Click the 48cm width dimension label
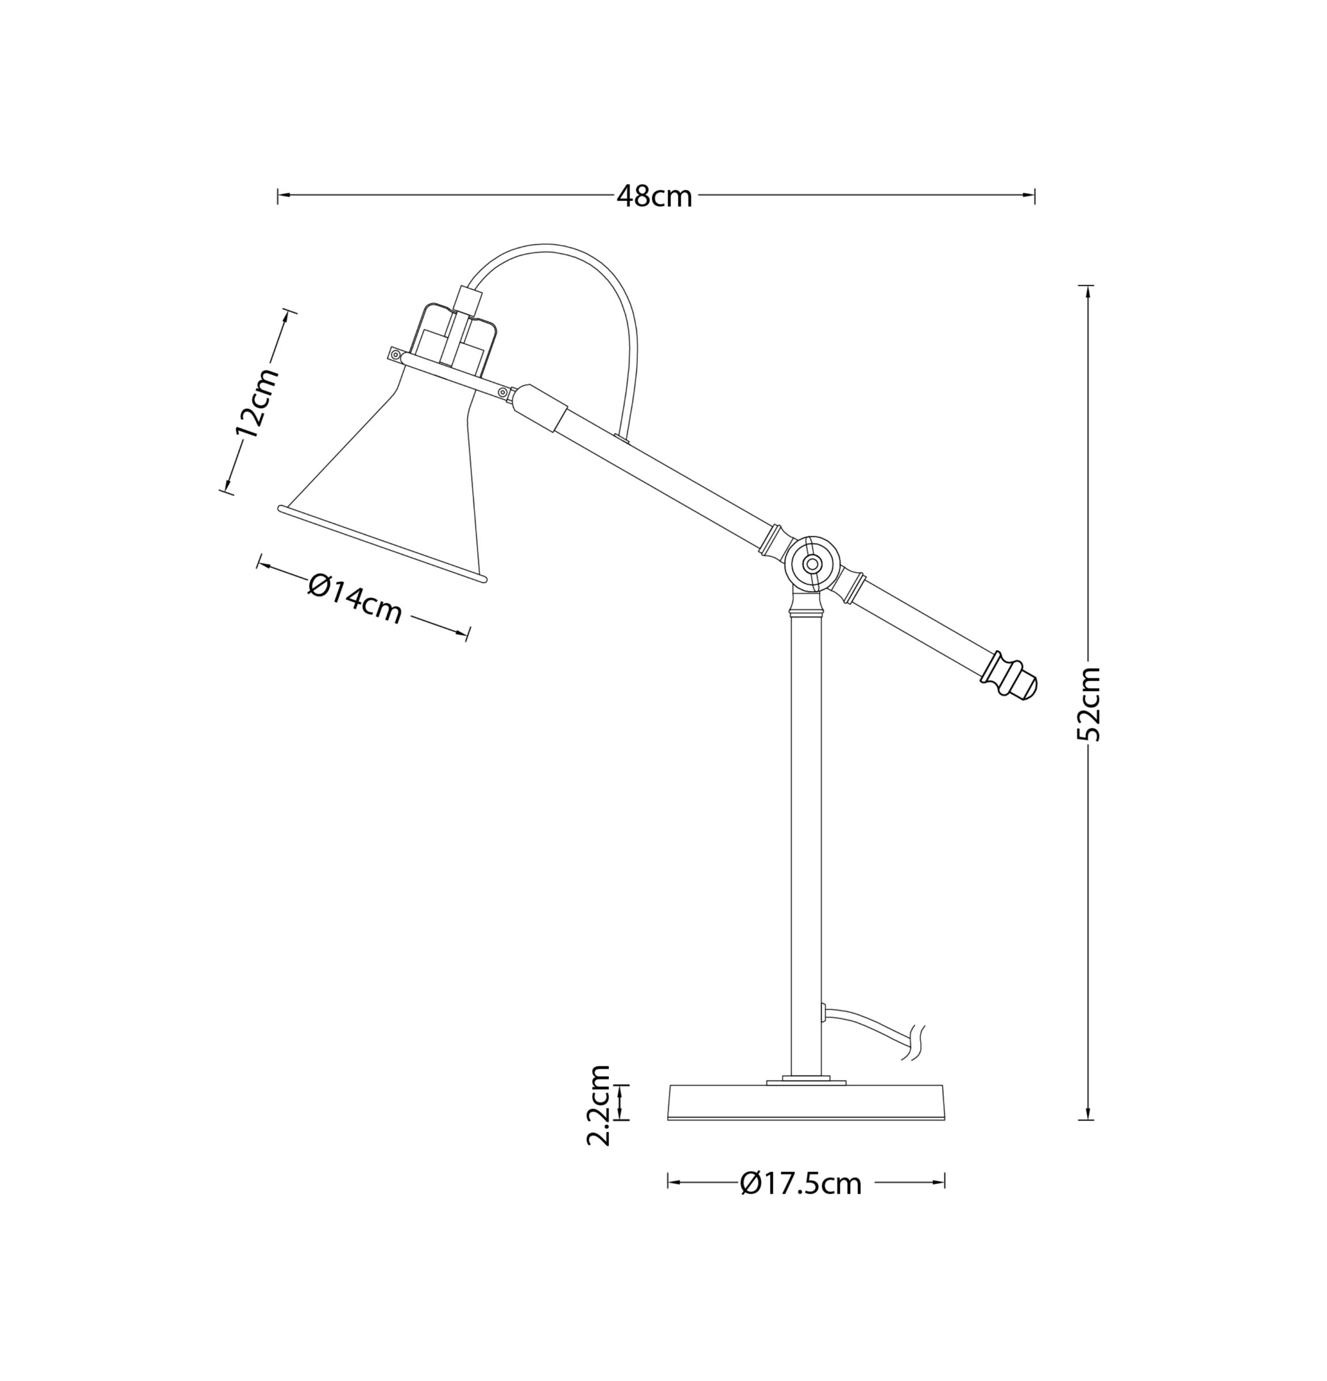click(x=654, y=196)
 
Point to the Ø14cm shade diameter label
click(x=355, y=599)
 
